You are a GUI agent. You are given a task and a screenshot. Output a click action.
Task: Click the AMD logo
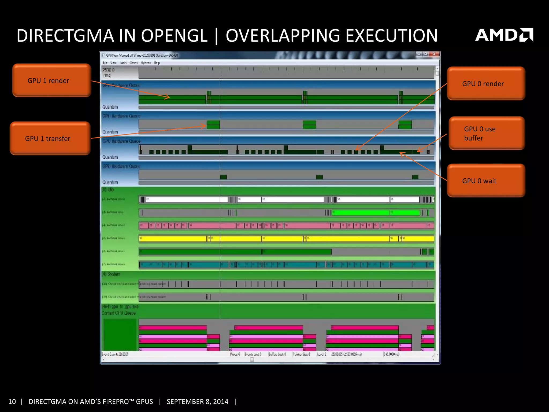pyautogui.click(x=504, y=35)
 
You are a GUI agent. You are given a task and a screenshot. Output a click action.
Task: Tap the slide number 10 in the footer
pyautogui.click(x=12, y=402)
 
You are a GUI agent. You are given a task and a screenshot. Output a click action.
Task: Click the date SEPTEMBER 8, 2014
pyautogui.click(x=198, y=402)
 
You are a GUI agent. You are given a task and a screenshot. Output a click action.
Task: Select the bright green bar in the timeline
pyautogui.click(x=375, y=213)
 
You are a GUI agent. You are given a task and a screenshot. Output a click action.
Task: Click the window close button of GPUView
pyautogui.click(x=434, y=54)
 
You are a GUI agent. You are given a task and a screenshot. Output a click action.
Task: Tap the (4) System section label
pyautogui.click(x=111, y=274)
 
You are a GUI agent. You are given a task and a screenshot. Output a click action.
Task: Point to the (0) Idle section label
pyautogui.click(x=108, y=190)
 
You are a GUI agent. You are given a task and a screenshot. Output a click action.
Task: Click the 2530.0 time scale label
pyautogui.click(x=108, y=70)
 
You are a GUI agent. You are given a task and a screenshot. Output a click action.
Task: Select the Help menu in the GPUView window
pyautogui.click(x=157, y=63)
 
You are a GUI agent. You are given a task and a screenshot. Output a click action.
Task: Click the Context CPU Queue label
pyautogui.click(x=118, y=313)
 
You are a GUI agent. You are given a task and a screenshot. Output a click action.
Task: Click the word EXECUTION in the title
pyautogui.click(x=391, y=36)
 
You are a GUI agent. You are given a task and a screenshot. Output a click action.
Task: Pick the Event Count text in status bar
pyautogui.click(x=115, y=354)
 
